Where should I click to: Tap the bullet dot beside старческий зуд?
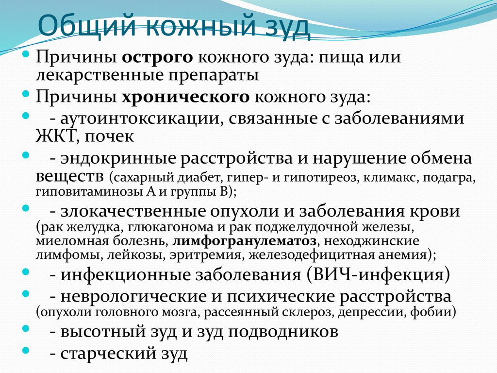point(26,349)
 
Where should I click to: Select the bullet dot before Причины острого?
point(26,53)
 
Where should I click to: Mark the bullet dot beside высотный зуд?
point(26,328)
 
